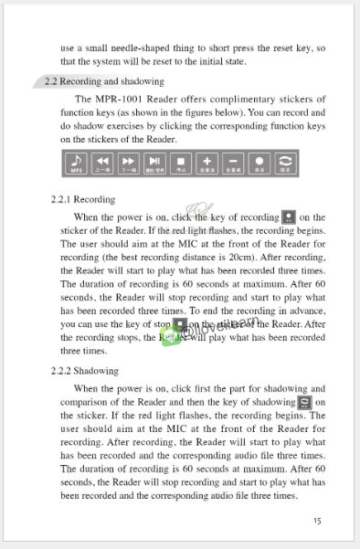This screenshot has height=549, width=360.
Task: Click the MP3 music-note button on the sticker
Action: [77, 164]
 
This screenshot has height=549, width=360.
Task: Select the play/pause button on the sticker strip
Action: [154, 164]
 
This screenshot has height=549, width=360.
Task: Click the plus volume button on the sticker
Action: [206, 164]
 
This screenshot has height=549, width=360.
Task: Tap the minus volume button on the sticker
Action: [233, 164]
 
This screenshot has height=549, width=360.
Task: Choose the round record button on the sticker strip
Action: [259, 164]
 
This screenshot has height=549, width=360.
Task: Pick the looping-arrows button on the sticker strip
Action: [285, 164]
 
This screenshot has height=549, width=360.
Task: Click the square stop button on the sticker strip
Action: [181, 164]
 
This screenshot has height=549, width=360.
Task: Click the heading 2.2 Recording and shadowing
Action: [104, 81]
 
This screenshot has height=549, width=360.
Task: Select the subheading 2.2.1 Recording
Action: [83, 199]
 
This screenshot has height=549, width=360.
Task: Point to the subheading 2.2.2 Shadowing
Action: [86, 371]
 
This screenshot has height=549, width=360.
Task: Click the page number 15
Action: [316, 521]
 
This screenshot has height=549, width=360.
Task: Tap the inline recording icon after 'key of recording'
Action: [289, 217]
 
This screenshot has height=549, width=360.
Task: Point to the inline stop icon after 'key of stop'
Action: [181, 324]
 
